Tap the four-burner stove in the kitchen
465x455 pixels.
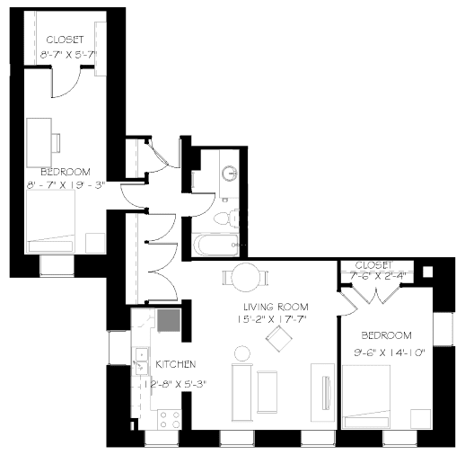coord(169,418)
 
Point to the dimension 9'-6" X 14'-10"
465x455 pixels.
coord(387,352)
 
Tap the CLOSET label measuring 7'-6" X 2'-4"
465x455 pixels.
coord(373,265)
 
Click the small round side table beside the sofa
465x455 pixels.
coord(241,352)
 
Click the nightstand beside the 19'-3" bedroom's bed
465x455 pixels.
coord(94,241)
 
